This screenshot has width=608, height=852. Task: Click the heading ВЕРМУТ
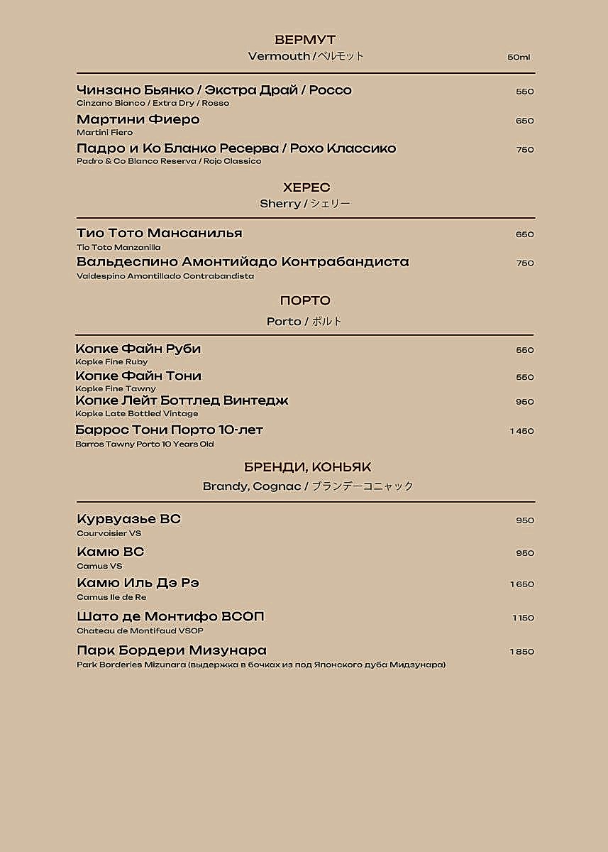(x=304, y=40)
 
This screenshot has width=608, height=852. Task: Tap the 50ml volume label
(x=519, y=58)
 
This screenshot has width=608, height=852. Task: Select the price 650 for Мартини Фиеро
(x=524, y=121)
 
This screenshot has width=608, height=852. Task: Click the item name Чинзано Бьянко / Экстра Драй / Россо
(x=214, y=90)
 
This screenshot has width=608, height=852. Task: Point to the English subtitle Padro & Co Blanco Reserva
(x=169, y=161)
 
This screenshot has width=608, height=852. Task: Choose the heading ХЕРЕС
(x=306, y=187)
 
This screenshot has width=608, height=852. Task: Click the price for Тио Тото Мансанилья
(x=524, y=234)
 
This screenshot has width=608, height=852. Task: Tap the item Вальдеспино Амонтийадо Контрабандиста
(x=243, y=262)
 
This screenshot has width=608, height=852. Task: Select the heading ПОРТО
(x=305, y=301)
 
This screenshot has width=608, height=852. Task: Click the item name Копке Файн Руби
(x=138, y=349)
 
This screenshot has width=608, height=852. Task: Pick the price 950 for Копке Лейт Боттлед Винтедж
(x=524, y=402)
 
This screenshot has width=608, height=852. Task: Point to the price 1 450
(x=521, y=431)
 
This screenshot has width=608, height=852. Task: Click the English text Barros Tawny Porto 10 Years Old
(x=144, y=444)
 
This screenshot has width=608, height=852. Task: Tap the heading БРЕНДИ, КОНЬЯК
(x=307, y=467)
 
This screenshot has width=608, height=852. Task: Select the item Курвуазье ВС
(x=128, y=519)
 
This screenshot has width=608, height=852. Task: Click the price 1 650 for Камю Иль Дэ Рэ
(x=521, y=584)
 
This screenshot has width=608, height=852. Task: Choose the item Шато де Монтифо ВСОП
(x=170, y=616)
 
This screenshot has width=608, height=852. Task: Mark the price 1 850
(x=521, y=652)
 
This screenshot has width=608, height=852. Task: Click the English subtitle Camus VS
(x=99, y=566)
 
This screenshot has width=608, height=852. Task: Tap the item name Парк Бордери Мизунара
(x=171, y=650)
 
